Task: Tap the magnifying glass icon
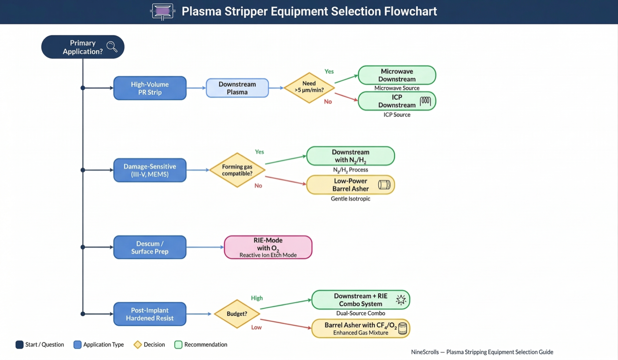point(112,47)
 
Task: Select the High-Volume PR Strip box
point(150,88)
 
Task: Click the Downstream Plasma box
point(237,88)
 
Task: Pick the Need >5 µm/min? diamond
point(309,88)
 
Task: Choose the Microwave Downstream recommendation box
point(396,75)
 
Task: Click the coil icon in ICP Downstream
point(425,101)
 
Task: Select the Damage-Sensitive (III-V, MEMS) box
point(150,170)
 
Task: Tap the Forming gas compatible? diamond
point(237,170)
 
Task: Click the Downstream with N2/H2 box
point(351,156)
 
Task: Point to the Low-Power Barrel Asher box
point(351,185)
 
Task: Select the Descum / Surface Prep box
point(150,247)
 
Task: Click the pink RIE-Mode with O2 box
point(268,247)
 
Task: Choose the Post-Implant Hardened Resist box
point(150,314)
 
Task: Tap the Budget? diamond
point(237,314)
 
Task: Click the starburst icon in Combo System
point(401,300)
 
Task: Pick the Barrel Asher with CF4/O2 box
point(361,328)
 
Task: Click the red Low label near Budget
point(256,327)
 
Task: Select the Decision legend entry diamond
point(138,345)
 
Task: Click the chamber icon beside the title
point(162,11)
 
